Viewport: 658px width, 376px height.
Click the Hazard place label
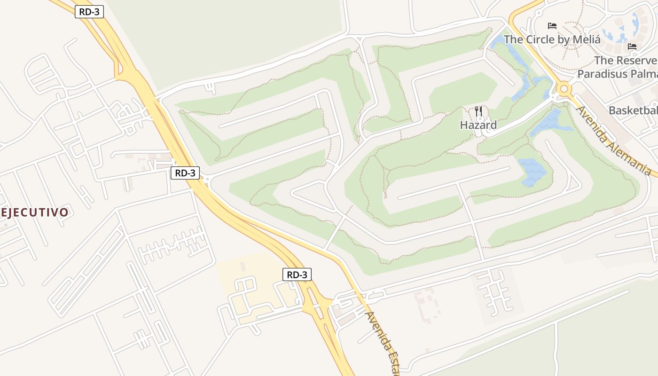tap(478, 125)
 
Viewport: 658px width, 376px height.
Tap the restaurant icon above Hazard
tap(478, 112)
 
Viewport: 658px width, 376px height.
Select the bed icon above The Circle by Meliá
tap(552, 25)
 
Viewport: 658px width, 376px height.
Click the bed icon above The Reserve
tap(632, 46)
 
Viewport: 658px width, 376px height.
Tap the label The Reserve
tap(625, 61)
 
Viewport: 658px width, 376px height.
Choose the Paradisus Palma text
tap(617, 74)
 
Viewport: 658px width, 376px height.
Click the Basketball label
tap(633, 110)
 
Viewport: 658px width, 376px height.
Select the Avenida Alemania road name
tap(614, 141)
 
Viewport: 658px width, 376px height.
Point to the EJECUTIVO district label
tap(35, 212)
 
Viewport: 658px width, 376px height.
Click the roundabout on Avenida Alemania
tap(563, 88)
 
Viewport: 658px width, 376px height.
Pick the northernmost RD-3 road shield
tap(89, 12)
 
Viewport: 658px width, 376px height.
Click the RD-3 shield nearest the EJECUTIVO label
tap(185, 173)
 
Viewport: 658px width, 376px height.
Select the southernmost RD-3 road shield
tap(297, 274)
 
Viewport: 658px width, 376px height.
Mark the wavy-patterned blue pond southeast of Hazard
tap(531, 172)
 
